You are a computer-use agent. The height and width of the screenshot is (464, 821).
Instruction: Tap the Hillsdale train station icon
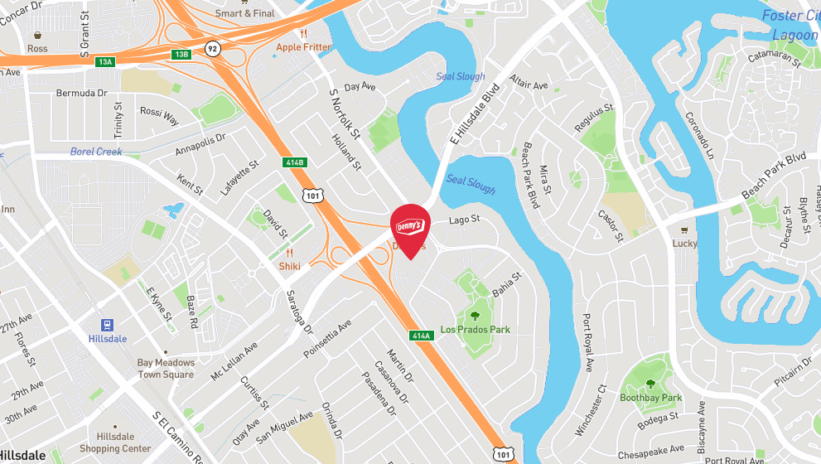click(x=108, y=325)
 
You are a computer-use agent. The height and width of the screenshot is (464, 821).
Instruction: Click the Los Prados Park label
click(x=475, y=330)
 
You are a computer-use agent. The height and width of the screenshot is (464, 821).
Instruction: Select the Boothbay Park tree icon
click(x=650, y=384)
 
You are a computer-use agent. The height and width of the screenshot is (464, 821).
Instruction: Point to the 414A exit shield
click(x=421, y=336)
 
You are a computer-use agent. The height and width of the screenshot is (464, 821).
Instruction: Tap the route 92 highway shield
click(x=213, y=48)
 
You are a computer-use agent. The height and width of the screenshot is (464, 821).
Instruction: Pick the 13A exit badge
click(x=104, y=62)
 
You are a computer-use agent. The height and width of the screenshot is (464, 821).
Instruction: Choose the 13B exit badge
click(x=181, y=55)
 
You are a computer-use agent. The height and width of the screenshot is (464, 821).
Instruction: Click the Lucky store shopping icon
click(x=684, y=230)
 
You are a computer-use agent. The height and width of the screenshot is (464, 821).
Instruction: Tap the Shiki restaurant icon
click(x=290, y=253)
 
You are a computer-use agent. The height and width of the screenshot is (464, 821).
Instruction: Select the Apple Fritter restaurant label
click(x=304, y=47)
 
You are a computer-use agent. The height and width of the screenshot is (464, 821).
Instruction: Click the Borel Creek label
click(x=96, y=152)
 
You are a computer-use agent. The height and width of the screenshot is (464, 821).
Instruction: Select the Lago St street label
click(x=464, y=220)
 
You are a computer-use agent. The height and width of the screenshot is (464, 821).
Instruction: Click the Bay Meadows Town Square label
click(x=166, y=369)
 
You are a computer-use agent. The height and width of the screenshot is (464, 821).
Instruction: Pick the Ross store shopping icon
click(x=37, y=36)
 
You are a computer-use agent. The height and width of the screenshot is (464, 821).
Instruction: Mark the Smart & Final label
click(x=244, y=13)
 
